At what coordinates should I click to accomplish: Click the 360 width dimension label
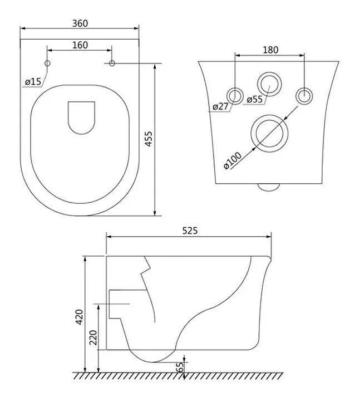(x=80, y=23)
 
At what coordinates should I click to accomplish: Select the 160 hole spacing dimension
(x=80, y=46)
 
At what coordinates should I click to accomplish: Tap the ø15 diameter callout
(x=33, y=81)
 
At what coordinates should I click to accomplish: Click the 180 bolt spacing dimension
(x=270, y=50)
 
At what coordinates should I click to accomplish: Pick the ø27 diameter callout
(x=221, y=106)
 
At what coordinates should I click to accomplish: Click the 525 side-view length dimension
(x=190, y=230)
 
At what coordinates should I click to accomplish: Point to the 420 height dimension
(x=80, y=316)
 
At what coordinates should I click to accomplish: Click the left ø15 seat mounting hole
(x=47, y=64)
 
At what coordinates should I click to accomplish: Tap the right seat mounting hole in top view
(x=112, y=64)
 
